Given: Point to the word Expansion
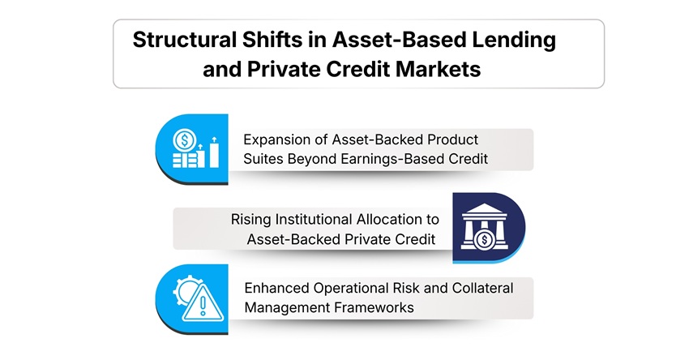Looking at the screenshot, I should click(x=280, y=139).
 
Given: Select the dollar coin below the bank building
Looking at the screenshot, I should click(x=483, y=240).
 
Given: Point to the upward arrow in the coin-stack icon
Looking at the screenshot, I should click(x=214, y=139).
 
